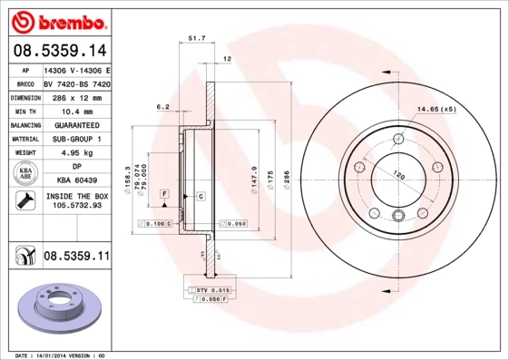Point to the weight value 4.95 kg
tap(76, 153)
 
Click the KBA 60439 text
tap(76, 180)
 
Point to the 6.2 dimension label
tap(163, 107)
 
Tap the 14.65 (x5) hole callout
tap(436, 110)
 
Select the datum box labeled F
tap(165, 195)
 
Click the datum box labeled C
tap(200, 196)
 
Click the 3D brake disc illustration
tap(56, 308)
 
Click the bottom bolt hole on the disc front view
tap(399, 215)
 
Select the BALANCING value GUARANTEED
tap(76, 124)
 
